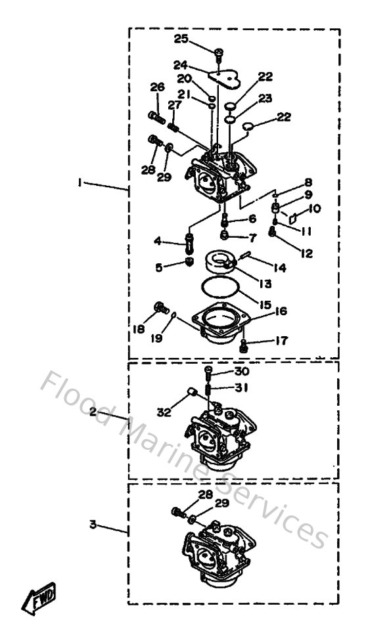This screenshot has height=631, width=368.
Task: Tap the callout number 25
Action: (181, 39)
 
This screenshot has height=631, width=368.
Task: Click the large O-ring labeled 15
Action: (218, 290)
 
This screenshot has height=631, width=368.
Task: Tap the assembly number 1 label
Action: (80, 185)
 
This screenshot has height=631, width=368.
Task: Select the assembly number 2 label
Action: (93, 412)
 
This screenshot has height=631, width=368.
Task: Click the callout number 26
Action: (156, 89)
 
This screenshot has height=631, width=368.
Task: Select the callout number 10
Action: (314, 208)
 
